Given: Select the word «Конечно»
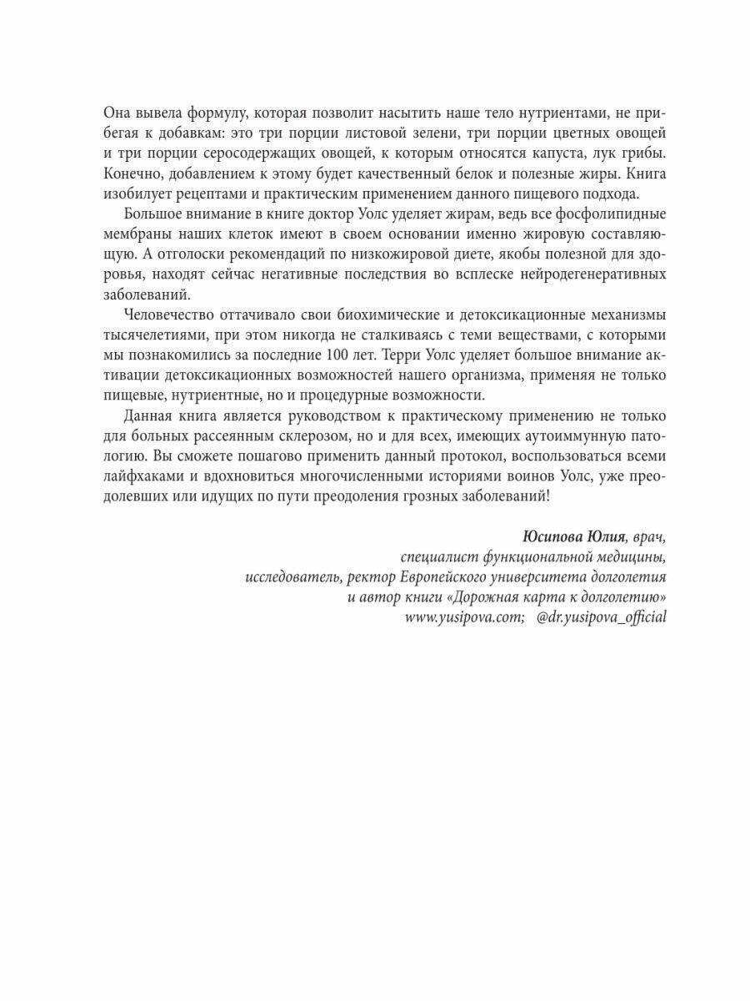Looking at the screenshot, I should pos(133,174).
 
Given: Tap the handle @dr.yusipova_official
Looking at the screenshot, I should pos(602,616).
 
